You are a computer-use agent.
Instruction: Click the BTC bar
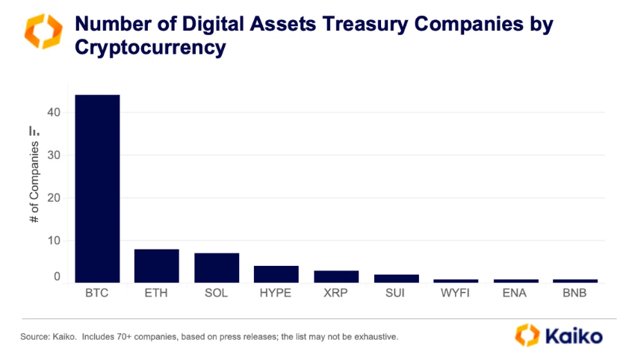point(97,188)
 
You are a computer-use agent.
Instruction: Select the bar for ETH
point(157,266)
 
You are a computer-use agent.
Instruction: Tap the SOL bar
point(217,267)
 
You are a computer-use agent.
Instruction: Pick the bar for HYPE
point(276,274)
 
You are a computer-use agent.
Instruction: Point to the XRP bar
point(336,276)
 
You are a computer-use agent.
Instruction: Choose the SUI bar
point(396,279)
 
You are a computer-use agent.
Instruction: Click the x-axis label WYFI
point(456,294)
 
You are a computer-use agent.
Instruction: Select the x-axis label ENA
point(515,294)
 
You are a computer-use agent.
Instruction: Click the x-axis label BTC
point(97,294)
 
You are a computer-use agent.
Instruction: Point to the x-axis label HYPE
point(276,294)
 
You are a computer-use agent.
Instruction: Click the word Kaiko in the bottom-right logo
point(574,335)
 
